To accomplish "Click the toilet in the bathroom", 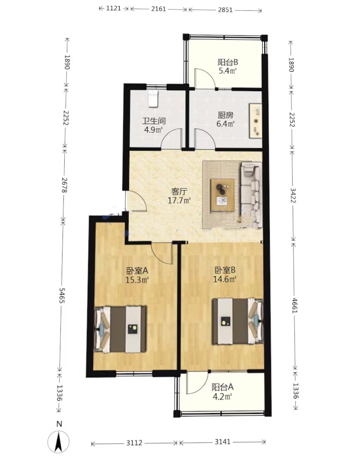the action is pyautogui.click(x=153, y=98).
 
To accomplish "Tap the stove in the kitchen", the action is pyautogui.click(x=255, y=120).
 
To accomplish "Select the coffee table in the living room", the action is pyautogui.click(x=223, y=195).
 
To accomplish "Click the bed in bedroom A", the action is pyautogui.click(x=120, y=329).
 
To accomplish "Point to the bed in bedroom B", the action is pyautogui.click(x=238, y=321).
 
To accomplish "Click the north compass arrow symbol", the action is pyautogui.click(x=59, y=442).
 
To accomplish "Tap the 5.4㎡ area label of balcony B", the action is pyautogui.click(x=227, y=71).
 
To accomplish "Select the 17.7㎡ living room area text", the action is pyautogui.click(x=179, y=200).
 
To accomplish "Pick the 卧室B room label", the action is pyautogui.click(x=225, y=269).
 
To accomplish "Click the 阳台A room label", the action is pyautogui.click(x=223, y=387).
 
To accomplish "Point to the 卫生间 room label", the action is pyautogui.click(x=154, y=121).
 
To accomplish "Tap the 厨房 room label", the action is pyautogui.click(x=225, y=115).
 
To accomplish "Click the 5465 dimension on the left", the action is pyautogui.click(x=62, y=295).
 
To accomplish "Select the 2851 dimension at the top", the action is pyautogui.click(x=225, y=10).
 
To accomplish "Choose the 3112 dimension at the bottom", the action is pyautogui.click(x=134, y=443).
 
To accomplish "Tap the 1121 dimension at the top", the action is pyautogui.click(x=113, y=8).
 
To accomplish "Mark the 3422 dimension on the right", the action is pyautogui.click(x=293, y=196).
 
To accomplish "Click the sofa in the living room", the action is pyautogui.click(x=252, y=195).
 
